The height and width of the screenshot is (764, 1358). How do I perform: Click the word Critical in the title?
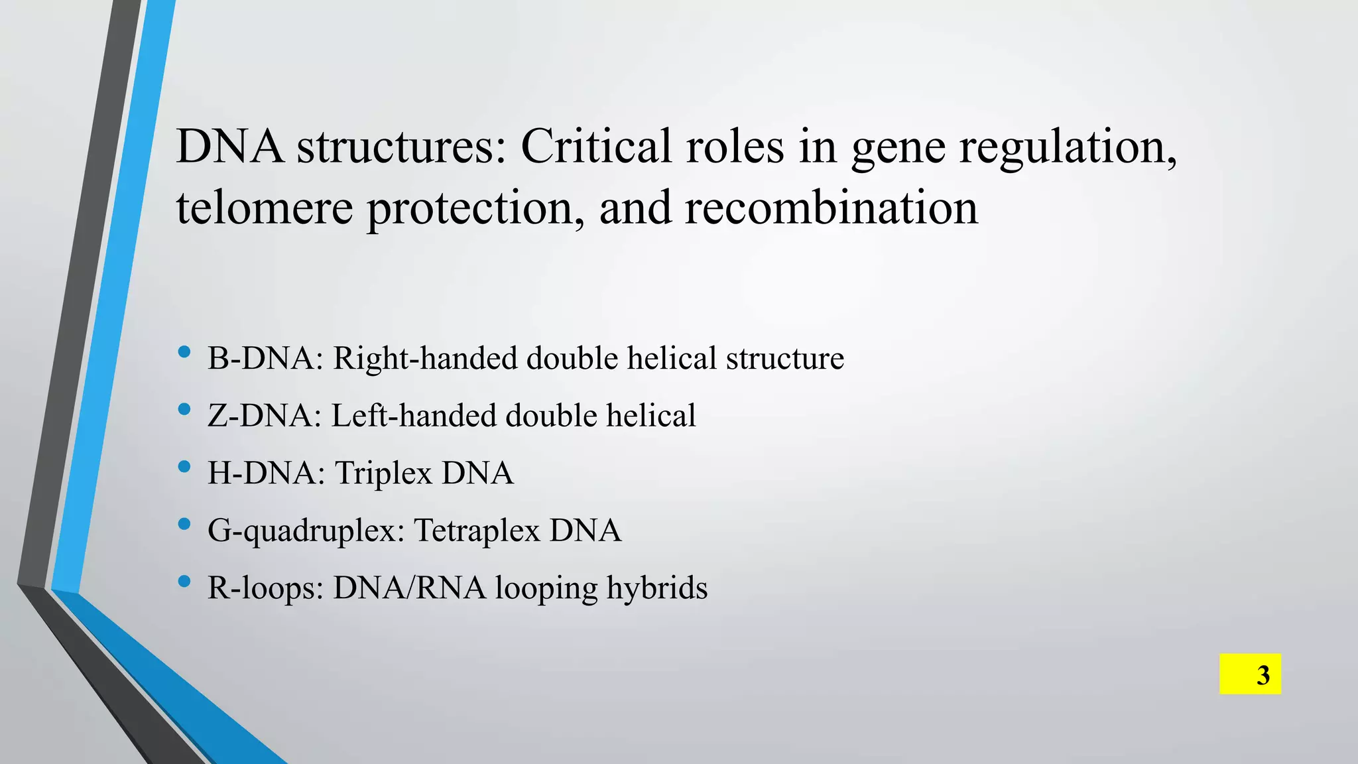tap(595, 146)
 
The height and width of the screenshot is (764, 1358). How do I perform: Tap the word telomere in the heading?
tap(264, 208)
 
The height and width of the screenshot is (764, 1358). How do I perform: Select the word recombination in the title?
tap(831, 208)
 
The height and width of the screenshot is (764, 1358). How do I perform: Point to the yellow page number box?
tap(1250, 674)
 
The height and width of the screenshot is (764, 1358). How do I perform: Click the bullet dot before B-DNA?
tap(184, 352)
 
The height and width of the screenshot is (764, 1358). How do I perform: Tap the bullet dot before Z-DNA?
tap(184, 410)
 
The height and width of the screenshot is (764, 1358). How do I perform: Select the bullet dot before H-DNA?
tap(184, 467)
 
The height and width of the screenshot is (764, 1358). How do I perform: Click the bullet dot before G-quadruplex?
tap(184, 525)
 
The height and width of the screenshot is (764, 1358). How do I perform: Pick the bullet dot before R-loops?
tap(184, 582)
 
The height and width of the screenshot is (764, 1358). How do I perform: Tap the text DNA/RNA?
tap(409, 589)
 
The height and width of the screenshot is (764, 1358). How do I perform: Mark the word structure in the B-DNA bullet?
tap(784, 359)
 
